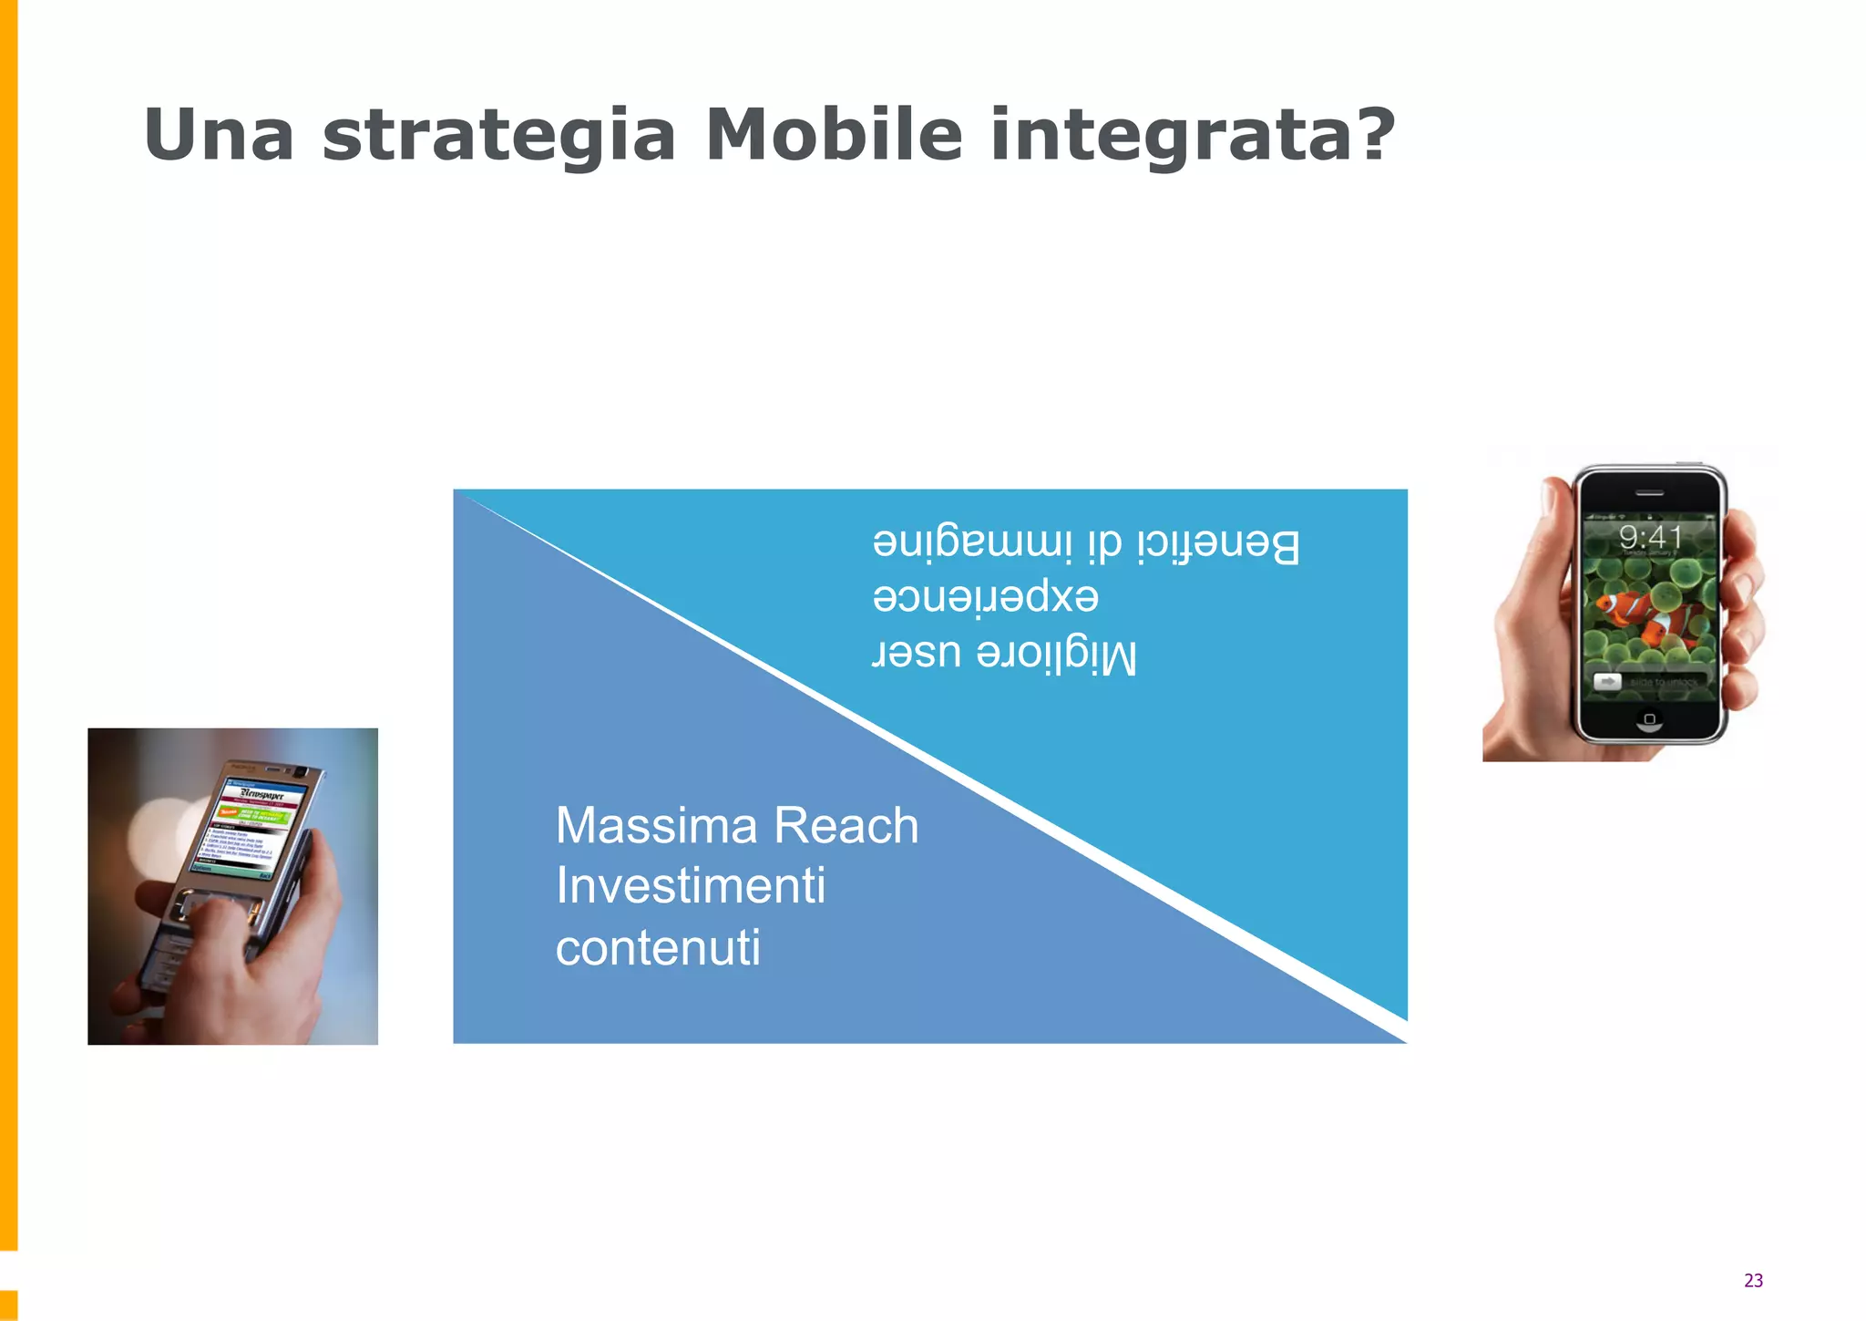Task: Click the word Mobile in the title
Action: coord(834,135)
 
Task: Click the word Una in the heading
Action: coord(219,135)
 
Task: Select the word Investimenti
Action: coord(691,885)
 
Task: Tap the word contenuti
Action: coord(658,947)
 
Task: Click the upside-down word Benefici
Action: coord(1218,544)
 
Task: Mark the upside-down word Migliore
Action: coord(1057,655)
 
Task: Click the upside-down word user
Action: coord(917,652)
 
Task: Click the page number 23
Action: coord(1753,1280)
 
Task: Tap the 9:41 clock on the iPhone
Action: coord(1649,537)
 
